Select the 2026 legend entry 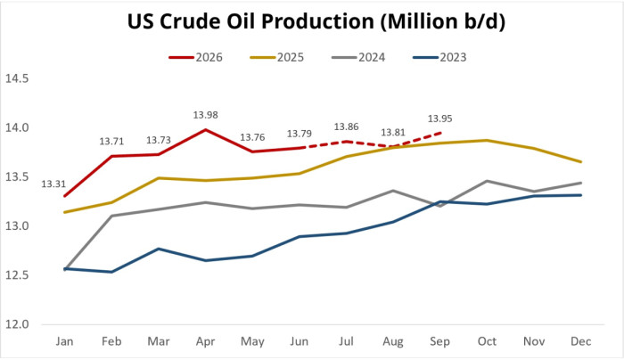tap(196, 58)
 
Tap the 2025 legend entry tap(277, 58)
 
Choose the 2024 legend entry tap(358, 58)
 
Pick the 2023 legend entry tap(439, 58)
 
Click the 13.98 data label tap(205, 115)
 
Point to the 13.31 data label tap(53, 184)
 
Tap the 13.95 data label tap(439, 119)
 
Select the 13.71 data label tap(111, 142)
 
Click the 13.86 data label tap(346, 127)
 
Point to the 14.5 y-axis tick tap(17, 78)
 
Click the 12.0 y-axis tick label tap(17, 324)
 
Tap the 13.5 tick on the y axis tap(17, 177)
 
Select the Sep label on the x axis tap(439, 341)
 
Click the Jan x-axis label tap(64, 341)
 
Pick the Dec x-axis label tap(581, 341)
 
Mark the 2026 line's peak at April tap(205, 130)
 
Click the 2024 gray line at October tap(487, 181)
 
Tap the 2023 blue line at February tap(111, 272)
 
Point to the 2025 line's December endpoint tap(581, 162)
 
